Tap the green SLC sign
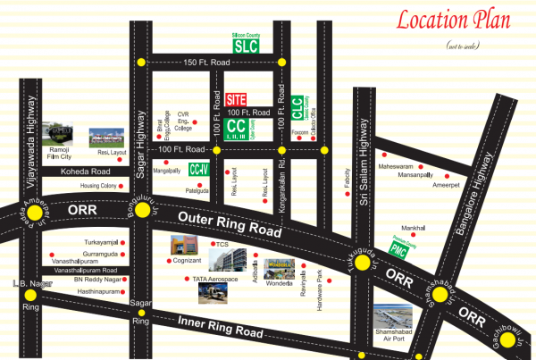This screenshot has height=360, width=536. (x=245, y=46)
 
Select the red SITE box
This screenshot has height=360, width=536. (x=237, y=98)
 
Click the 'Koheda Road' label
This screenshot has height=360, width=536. (x=83, y=171)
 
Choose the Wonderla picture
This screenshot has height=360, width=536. (x=284, y=269)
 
